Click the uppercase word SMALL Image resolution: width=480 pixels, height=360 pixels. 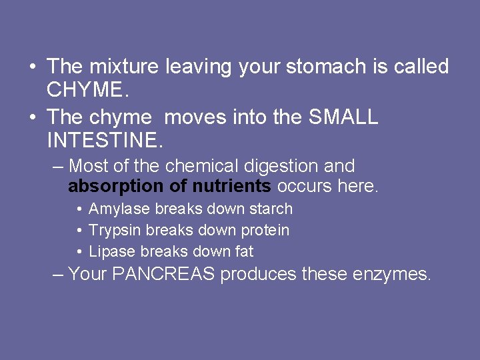click(x=343, y=117)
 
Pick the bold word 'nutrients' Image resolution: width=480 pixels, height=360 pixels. click(x=231, y=186)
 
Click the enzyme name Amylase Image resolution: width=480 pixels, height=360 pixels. click(x=119, y=209)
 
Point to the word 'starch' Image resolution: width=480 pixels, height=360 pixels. click(x=271, y=209)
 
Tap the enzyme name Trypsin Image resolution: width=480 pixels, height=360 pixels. click(x=115, y=231)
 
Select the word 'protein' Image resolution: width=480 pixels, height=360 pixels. click(x=265, y=231)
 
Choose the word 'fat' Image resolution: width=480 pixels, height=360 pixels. click(x=243, y=252)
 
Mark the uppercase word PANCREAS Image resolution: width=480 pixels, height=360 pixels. click(x=164, y=274)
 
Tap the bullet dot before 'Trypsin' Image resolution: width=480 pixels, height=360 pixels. click(x=79, y=231)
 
